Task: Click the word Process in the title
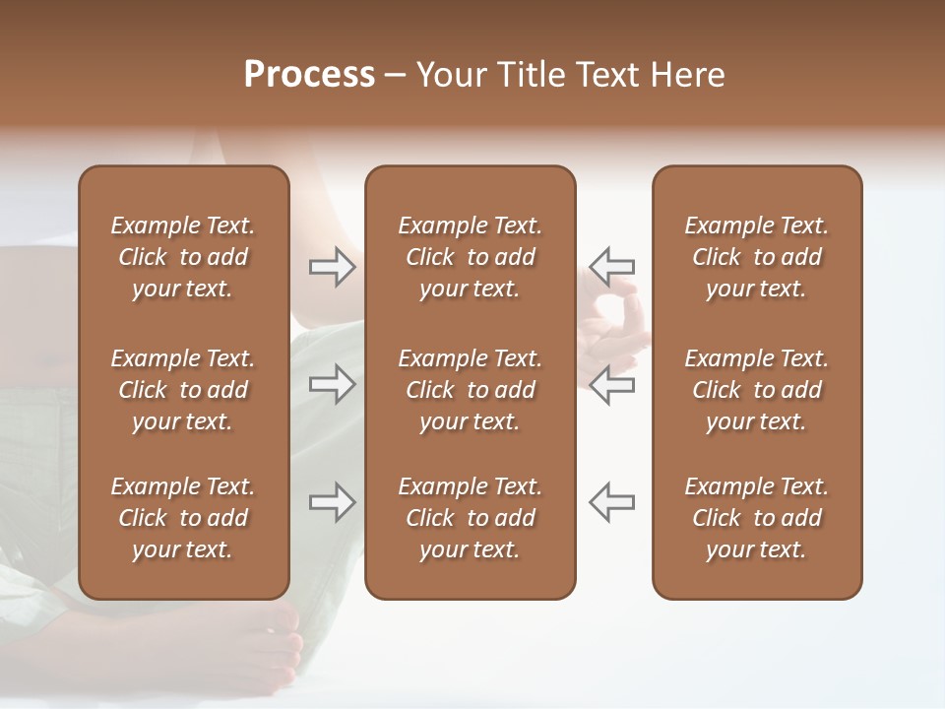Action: pyautogui.click(x=309, y=75)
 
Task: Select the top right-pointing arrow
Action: pyautogui.click(x=332, y=267)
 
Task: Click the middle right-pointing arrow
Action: pyautogui.click(x=332, y=384)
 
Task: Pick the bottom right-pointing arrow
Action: pyautogui.click(x=332, y=502)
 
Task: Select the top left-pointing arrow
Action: pyautogui.click(x=611, y=267)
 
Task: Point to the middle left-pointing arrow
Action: pyautogui.click(x=611, y=384)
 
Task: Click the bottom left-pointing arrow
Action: pyautogui.click(x=611, y=502)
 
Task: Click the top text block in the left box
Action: pyautogui.click(x=183, y=257)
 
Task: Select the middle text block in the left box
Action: pyautogui.click(x=183, y=390)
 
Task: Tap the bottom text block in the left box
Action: pyautogui.click(x=183, y=518)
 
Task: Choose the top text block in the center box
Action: pyautogui.click(x=470, y=257)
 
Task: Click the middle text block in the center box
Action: pyautogui.click(x=470, y=390)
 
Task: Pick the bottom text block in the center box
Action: pyautogui.click(x=470, y=518)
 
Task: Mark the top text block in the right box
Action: pyautogui.click(x=756, y=257)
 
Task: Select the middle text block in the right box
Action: pyautogui.click(x=756, y=390)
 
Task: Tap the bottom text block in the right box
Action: pyautogui.click(x=756, y=518)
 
